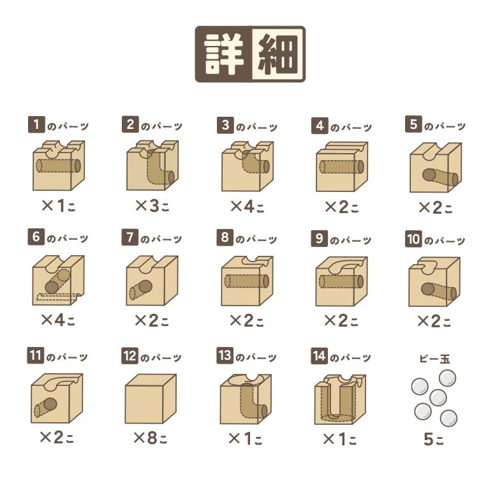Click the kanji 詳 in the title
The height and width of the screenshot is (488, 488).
coord(224,54)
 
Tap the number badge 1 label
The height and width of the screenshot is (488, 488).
coord(36,124)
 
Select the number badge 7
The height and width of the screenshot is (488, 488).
coord(129,237)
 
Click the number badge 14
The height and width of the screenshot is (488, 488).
coord(320,356)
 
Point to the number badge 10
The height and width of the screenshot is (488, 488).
coord(413,239)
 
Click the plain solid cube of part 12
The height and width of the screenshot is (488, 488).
coord(151,399)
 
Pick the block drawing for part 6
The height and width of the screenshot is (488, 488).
coord(59,280)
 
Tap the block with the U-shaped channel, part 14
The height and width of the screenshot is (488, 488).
coord(340,399)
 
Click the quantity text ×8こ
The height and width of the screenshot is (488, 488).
coord(151,438)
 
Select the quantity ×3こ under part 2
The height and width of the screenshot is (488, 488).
coord(152,205)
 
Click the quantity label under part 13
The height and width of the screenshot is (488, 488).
coord(245,439)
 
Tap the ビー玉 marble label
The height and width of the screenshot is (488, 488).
coord(434,359)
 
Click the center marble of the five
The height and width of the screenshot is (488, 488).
coord(438,397)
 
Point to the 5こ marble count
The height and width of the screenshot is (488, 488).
coord(434,439)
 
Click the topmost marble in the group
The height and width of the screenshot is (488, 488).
coord(447,378)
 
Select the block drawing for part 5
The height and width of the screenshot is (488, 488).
coord(436,167)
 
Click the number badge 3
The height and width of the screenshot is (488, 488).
coord(225,126)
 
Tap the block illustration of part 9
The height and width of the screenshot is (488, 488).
coord(341,281)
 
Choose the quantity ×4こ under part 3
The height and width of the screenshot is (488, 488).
coord(248,206)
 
